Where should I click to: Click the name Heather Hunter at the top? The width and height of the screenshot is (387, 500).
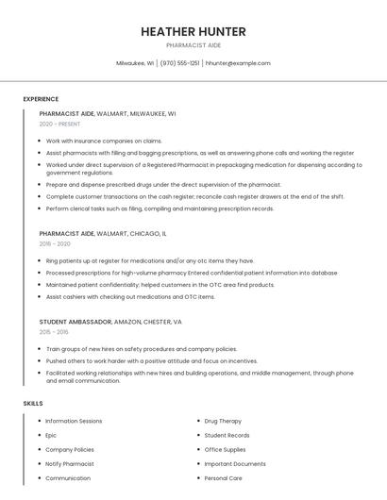coord(193,31)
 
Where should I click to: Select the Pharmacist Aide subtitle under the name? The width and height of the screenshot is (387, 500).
coord(193,45)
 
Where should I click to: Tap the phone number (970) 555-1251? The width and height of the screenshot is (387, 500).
coord(179,63)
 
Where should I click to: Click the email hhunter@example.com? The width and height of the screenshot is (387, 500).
coord(238,63)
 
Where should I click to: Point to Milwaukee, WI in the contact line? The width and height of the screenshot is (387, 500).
coord(135,63)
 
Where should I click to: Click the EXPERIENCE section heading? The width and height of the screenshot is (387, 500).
coord(41,99)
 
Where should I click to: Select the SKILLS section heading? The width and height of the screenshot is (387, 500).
coord(33,403)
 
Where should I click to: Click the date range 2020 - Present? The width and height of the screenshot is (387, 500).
coord(59,124)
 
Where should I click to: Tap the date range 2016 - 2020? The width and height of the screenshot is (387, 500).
coord(55,243)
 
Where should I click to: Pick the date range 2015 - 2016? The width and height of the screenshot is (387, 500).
coord(54,332)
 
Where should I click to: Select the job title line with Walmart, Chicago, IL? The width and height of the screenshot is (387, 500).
coord(103,233)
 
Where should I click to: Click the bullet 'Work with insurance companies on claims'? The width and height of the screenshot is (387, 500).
coord(104,141)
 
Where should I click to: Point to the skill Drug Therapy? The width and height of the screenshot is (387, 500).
coord(223,421)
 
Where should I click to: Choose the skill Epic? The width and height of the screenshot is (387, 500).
coord(51,435)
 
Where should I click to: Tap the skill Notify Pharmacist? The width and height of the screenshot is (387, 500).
coord(70,463)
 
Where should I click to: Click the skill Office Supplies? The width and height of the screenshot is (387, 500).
coord(225,449)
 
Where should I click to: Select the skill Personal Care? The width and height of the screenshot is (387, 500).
coord(223,478)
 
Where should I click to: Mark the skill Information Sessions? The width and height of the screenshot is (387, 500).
coord(74,421)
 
